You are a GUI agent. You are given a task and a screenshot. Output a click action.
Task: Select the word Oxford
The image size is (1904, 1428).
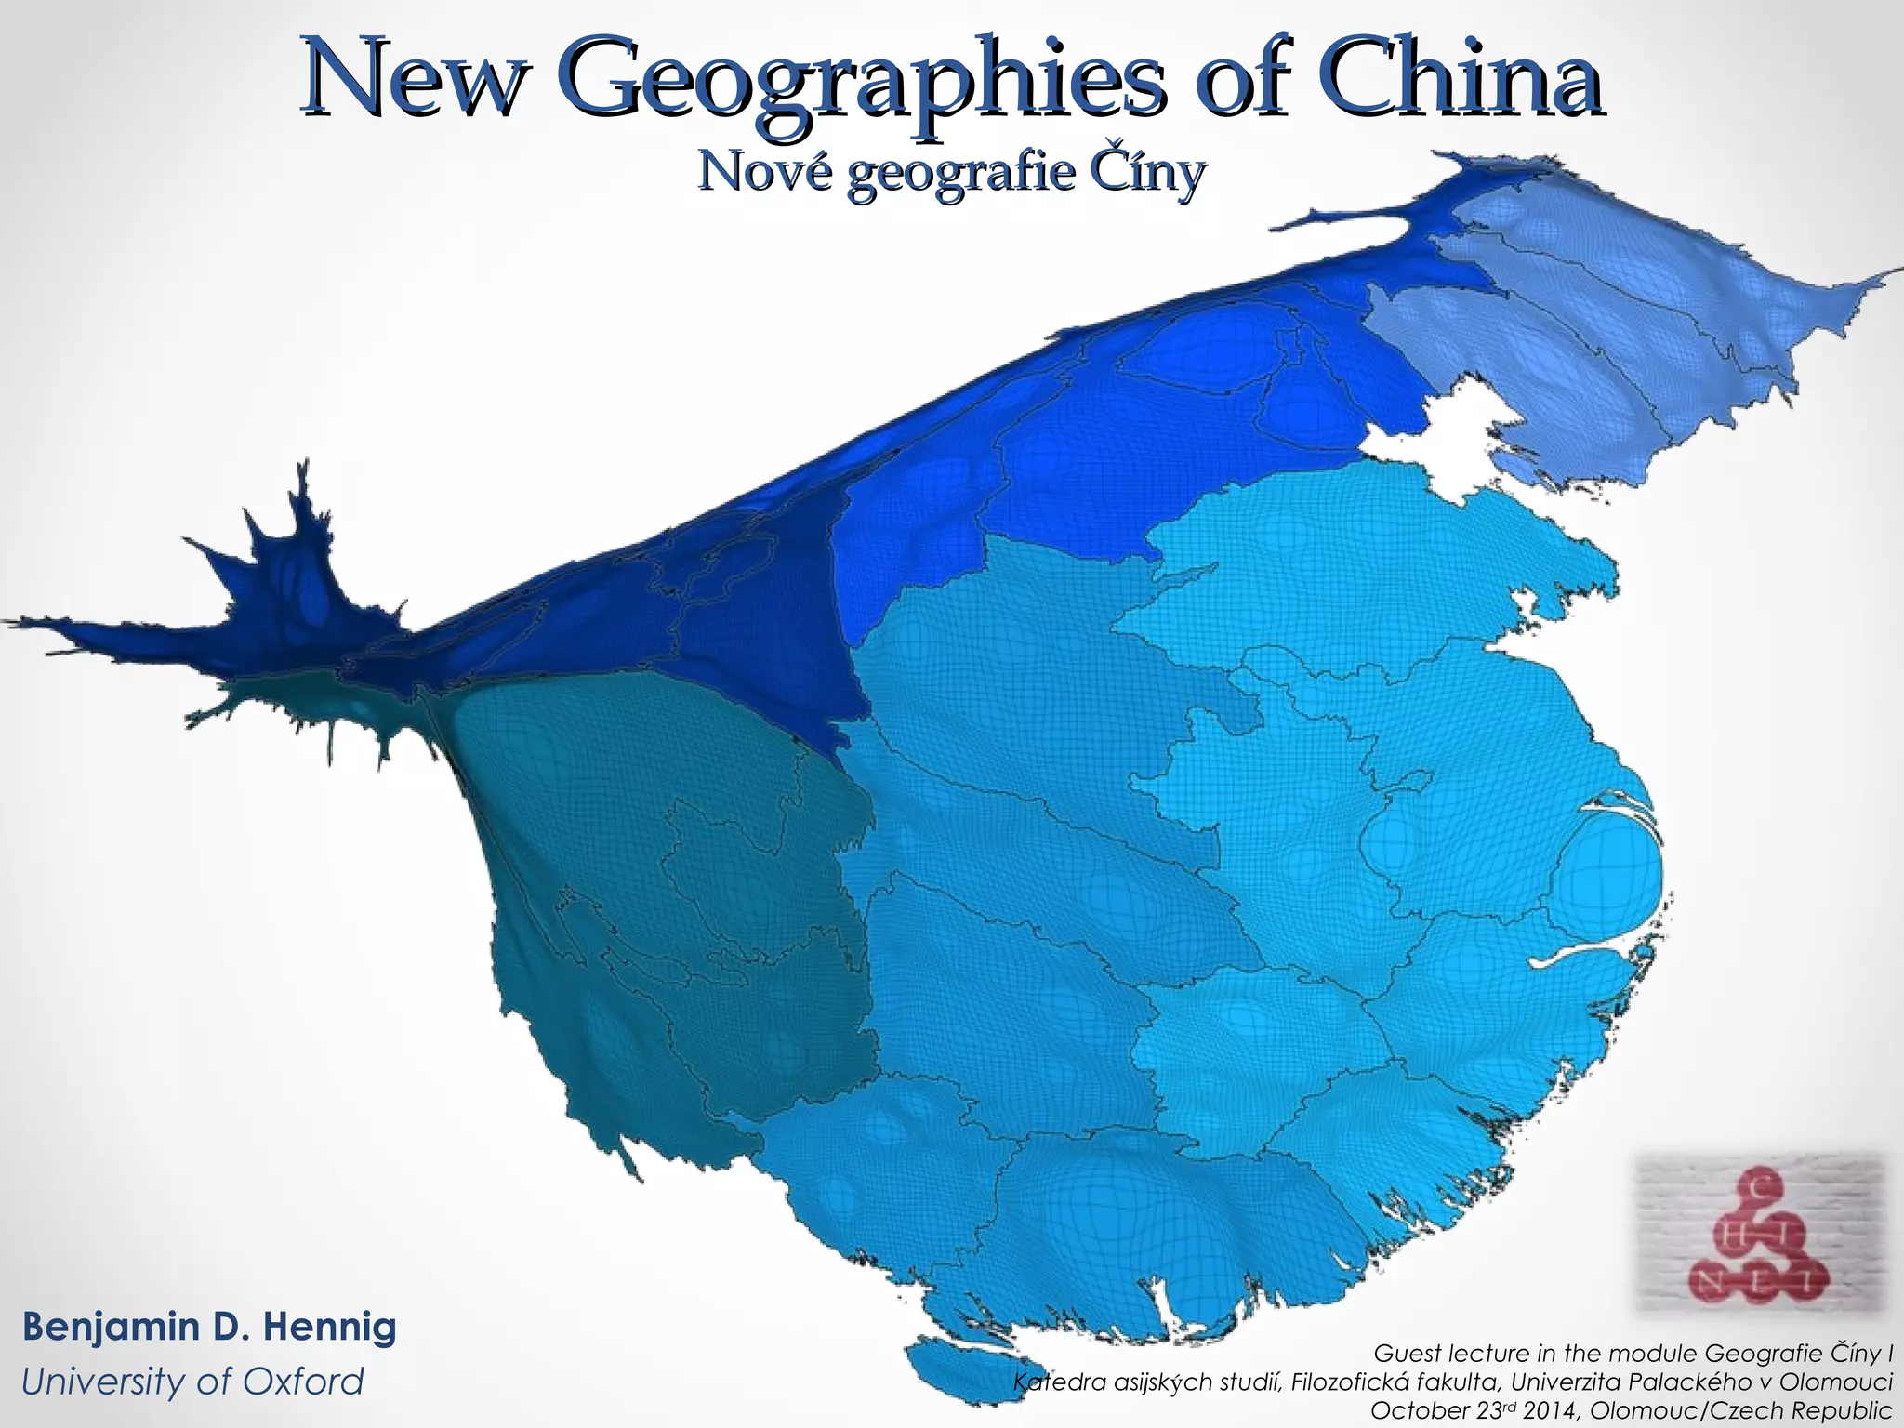tap(297, 1382)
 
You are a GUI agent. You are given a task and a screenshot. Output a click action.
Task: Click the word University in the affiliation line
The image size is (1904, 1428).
tap(108, 1382)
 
